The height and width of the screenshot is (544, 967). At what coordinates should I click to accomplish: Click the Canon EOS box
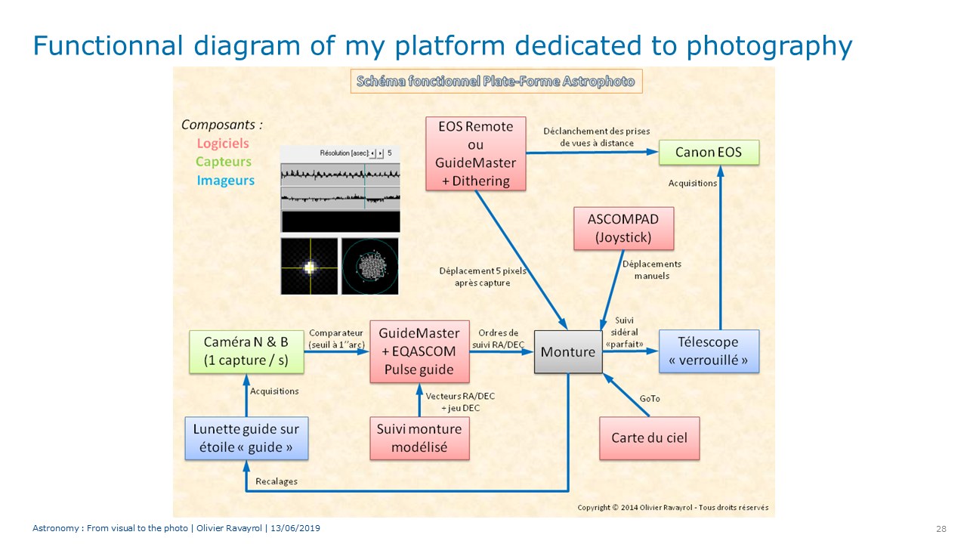[709, 153]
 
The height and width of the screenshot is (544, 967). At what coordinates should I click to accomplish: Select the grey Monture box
[568, 352]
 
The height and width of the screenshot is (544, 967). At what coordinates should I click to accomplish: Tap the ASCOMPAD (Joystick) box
[623, 228]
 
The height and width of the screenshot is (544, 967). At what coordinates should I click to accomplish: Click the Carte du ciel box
[649, 438]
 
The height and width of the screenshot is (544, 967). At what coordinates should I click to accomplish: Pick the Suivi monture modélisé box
[419, 438]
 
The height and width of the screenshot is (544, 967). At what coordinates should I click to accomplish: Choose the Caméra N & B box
[246, 351]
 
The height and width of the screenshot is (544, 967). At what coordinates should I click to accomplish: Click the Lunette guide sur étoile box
[246, 438]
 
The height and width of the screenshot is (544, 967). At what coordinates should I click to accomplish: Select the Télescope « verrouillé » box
[709, 351]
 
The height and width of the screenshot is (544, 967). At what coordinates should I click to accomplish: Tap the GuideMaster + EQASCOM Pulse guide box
[419, 351]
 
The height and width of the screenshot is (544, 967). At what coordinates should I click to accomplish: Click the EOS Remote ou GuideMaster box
[476, 153]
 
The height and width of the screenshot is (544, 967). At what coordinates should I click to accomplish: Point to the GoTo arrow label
[650, 398]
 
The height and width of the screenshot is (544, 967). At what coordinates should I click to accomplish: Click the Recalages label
[277, 481]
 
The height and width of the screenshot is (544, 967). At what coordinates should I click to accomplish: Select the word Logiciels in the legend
[223, 144]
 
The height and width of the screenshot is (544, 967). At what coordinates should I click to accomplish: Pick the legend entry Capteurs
[223, 162]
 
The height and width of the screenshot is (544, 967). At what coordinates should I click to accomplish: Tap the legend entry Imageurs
[225, 181]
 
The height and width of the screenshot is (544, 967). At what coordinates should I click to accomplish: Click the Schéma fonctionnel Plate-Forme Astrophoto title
[496, 81]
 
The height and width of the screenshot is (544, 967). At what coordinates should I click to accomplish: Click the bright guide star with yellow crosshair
[310, 267]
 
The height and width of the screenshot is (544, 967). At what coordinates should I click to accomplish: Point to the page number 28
[941, 529]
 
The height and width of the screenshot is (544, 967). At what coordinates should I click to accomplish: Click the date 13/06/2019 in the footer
[295, 528]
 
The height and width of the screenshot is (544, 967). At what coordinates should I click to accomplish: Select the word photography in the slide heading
[769, 46]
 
